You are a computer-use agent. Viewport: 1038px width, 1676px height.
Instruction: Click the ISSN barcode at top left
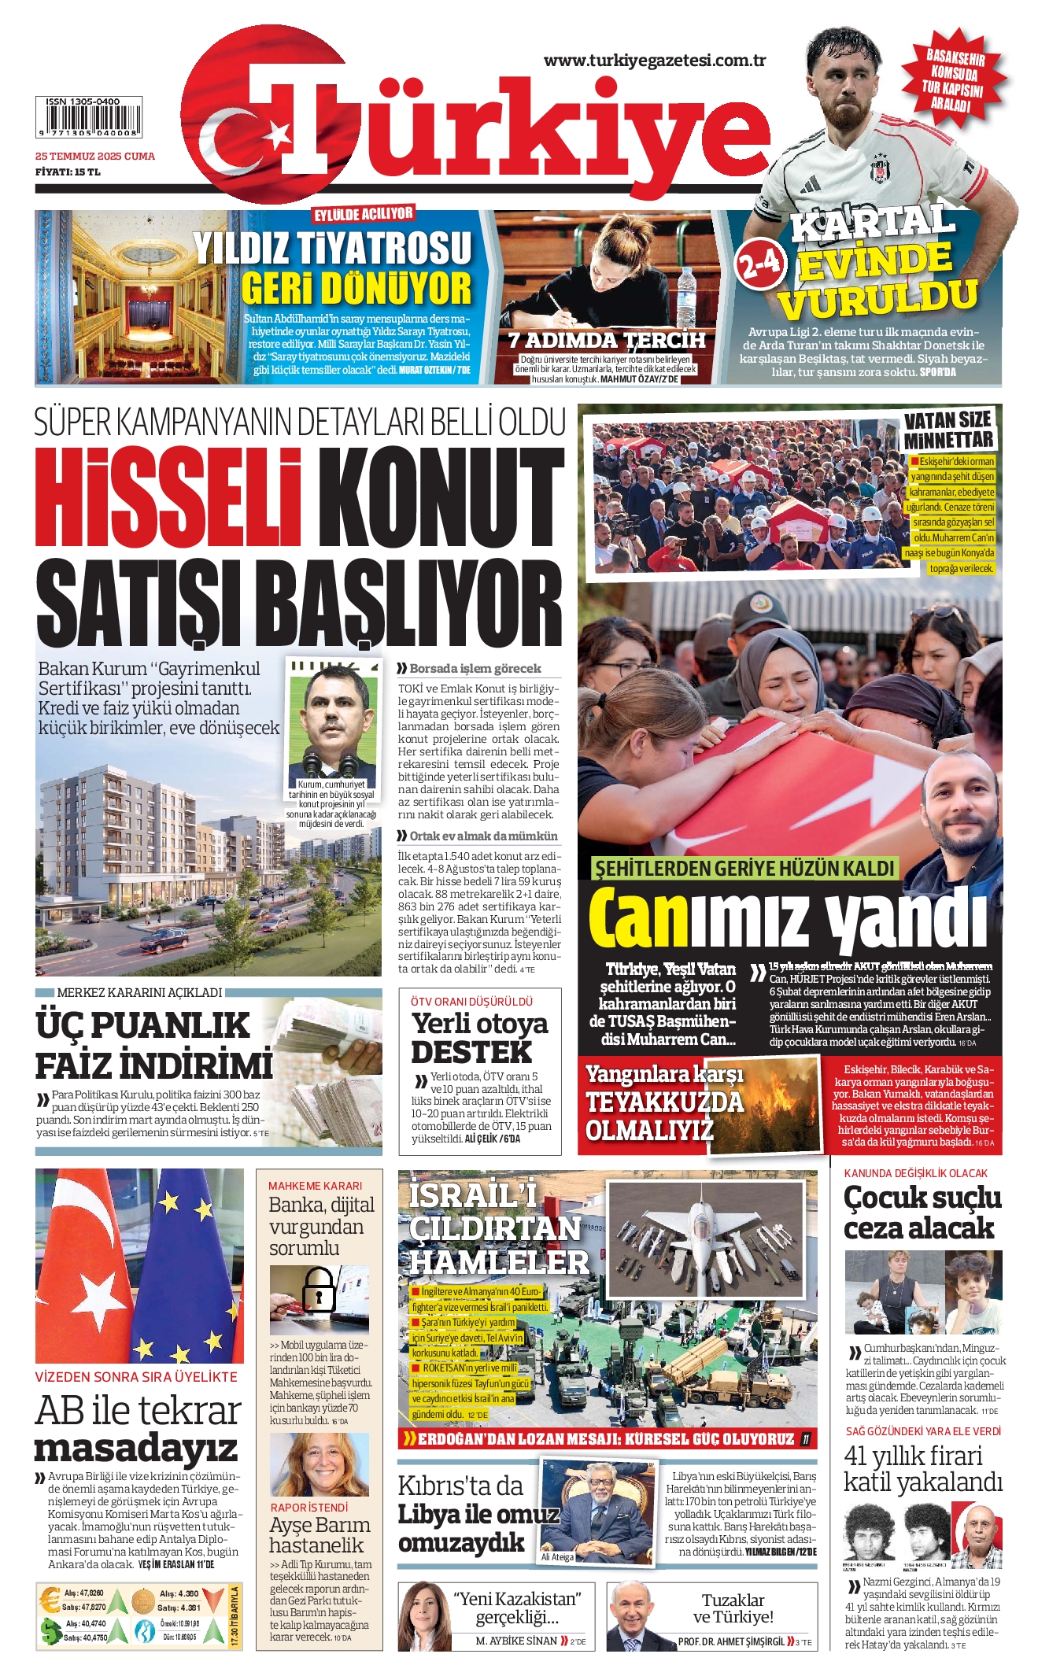88,118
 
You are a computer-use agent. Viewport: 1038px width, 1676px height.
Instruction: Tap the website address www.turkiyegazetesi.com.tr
654,61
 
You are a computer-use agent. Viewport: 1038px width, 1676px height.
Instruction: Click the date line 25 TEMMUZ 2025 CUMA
94,156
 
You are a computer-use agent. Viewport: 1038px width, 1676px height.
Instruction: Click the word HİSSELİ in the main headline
167,500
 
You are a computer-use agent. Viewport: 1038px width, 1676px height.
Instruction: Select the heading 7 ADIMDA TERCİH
606,340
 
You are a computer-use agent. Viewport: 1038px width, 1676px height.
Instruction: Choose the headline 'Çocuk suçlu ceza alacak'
922,1213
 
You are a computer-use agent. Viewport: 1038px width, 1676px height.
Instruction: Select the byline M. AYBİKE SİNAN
516,1641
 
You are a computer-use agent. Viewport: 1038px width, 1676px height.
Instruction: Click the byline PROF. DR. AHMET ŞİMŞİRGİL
731,1641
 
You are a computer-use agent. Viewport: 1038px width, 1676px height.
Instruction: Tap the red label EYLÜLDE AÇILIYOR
363,215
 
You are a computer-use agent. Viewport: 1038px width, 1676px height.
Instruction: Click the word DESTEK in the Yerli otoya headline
471,1052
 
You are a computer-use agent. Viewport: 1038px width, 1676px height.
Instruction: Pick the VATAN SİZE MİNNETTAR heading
947,430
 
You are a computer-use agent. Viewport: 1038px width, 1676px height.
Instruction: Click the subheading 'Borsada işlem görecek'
475,668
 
